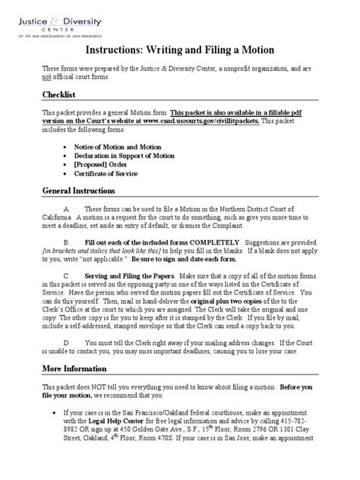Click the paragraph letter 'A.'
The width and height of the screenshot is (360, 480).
[x=68, y=207]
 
